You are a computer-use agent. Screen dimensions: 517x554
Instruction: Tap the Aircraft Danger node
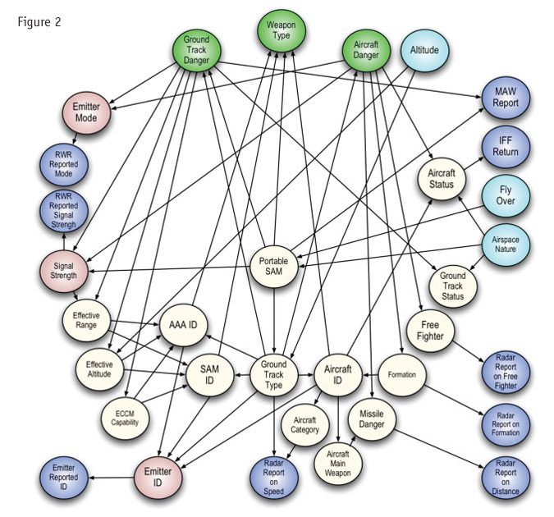click(368, 49)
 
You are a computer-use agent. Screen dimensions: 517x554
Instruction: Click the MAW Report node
click(505, 98)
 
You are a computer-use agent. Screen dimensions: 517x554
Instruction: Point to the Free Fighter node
click(429, 330)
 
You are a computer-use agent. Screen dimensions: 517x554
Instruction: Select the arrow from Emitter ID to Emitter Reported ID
click(111, 475)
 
